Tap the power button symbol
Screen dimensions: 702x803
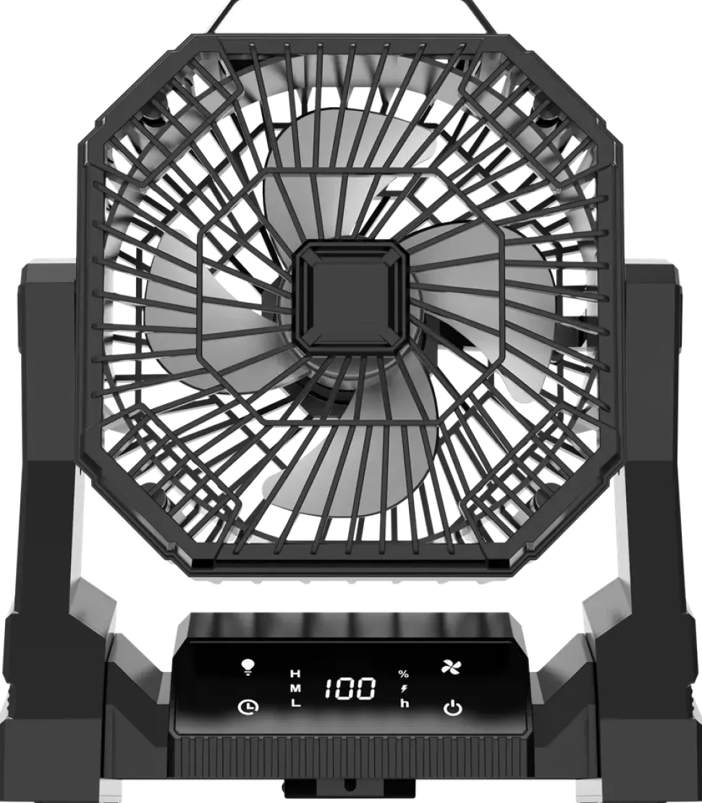[452, 708]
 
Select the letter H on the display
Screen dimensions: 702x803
[295, 673]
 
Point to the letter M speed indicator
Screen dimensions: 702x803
[295, 689]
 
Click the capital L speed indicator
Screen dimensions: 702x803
[295, 703]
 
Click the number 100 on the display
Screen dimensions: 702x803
[351, 689]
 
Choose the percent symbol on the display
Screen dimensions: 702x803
[404, 674]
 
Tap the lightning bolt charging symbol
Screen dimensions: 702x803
[404, 689]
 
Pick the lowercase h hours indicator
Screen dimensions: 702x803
[405, 703]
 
